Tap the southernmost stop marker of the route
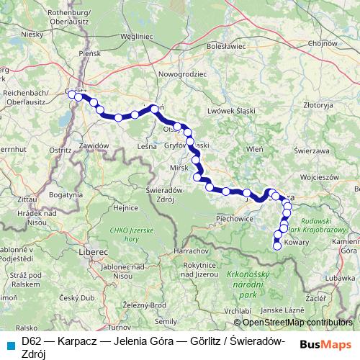pos(277,246)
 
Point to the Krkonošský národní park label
pos(249,284)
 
